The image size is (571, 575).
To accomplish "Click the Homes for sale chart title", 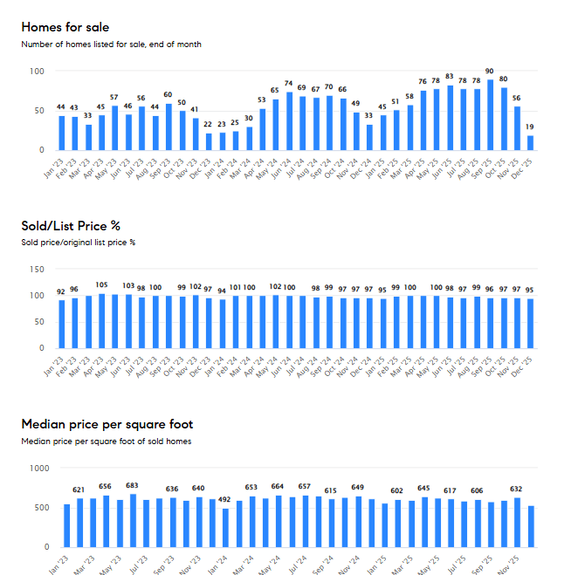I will tap(65, 27).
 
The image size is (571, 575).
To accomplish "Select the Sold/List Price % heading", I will tap(71, 226).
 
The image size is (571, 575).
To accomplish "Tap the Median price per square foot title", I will tap(107, 424).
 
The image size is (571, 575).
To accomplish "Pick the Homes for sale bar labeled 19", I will tap(531, 142).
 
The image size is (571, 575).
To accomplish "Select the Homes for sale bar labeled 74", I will tap(289, 121).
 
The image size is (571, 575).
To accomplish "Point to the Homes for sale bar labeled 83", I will tap(451, 118).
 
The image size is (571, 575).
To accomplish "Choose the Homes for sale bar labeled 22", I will tap(209, 141).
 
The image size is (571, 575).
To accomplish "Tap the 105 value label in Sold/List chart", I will tap(101, 284).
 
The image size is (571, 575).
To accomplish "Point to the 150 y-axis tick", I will tap(36, 270).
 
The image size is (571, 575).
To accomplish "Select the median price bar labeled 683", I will tap(133, 521).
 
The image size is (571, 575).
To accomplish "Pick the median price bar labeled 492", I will tap(225, 528).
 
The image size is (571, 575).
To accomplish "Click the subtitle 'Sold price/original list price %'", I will tap(79, 243).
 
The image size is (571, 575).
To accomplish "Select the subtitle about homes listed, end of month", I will tap(112, 44).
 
